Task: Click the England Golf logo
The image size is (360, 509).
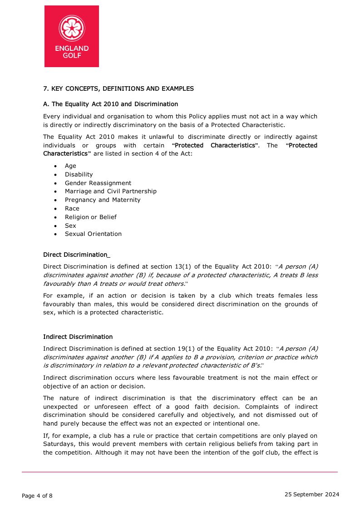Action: point(72,36)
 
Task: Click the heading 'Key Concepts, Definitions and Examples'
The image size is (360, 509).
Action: point(118,88)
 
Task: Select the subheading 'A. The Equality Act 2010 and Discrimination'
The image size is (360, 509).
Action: point(110,104)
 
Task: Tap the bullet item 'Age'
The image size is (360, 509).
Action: point(70,166)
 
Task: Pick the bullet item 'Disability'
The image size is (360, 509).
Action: point(79,175)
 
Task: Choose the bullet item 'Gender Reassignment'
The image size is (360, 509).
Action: point(98,183)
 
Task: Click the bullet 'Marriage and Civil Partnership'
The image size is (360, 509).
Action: point(110,191)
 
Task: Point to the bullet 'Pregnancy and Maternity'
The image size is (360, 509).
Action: point(103,200)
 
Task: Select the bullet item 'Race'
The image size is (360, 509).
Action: point(72,209)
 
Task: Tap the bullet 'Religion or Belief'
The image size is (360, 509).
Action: point(90,217)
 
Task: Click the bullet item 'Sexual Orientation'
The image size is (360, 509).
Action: point(93,234)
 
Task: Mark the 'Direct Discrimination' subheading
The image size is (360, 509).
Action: point(75,254)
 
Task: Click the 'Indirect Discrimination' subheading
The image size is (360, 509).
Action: point(78,337)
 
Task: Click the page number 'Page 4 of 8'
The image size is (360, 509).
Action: point(37,496)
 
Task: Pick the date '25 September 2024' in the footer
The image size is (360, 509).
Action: point(312,494)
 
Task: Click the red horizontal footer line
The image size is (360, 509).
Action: point(180,472)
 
